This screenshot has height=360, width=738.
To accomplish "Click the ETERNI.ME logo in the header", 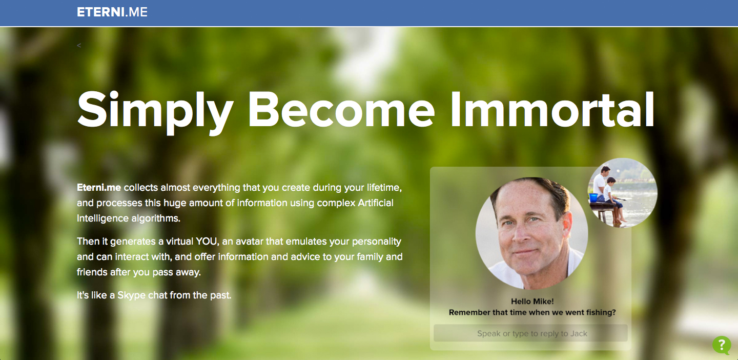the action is [112, 12].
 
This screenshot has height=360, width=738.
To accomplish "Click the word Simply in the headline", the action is [155, 112].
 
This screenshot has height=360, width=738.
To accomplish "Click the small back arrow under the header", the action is [79, 45].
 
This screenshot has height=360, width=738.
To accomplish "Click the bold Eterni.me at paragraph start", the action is [99, 188].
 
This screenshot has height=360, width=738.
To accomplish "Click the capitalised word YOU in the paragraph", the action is [207, 242].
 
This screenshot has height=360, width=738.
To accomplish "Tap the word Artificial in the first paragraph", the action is [376, 203].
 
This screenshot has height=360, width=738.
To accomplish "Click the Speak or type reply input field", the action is [530, 333].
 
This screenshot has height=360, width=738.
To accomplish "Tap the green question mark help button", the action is [722, 345].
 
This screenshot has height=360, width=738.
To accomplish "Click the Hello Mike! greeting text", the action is [532, 302].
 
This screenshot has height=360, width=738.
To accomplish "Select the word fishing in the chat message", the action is [601, 312].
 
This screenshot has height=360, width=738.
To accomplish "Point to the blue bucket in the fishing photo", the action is [593, 197].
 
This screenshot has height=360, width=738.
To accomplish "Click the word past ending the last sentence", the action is [220, 295].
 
